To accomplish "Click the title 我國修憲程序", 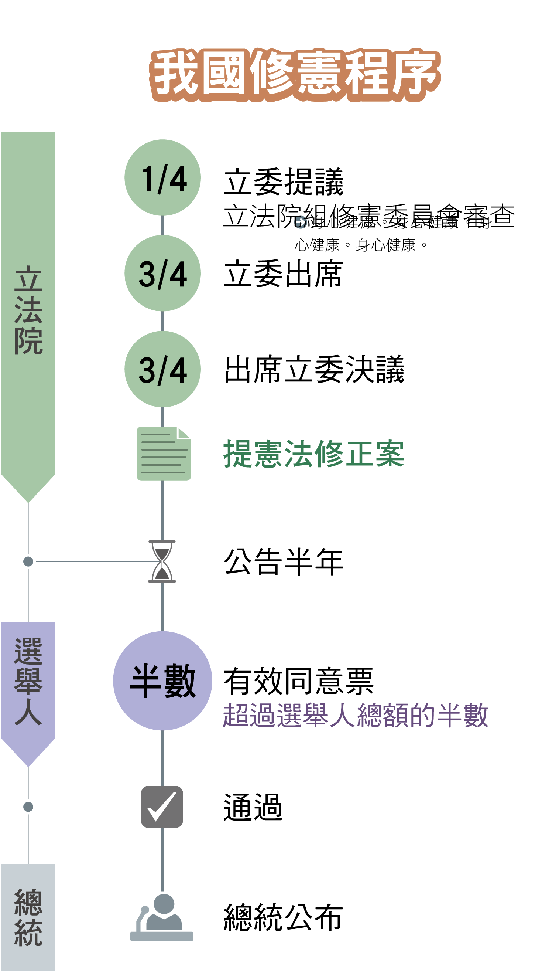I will (x=295, y=74).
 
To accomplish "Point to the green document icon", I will (x=164, y=454).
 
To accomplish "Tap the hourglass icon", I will (x=162, y=561).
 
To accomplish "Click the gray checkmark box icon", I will (x=162, y=807).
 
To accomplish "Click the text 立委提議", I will (x=284, y=182).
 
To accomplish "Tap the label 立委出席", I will (x=283, y=274).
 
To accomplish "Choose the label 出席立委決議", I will (x=314, y=369).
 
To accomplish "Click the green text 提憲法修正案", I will (x=313, y=454).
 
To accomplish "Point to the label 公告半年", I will (x=284, y=561).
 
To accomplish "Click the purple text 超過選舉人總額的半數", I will (x=356, y=715).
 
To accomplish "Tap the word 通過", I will (x=253, y=807).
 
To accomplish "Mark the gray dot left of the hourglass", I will (x=28, y=561).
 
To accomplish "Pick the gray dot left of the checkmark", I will (x=28, y=807).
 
